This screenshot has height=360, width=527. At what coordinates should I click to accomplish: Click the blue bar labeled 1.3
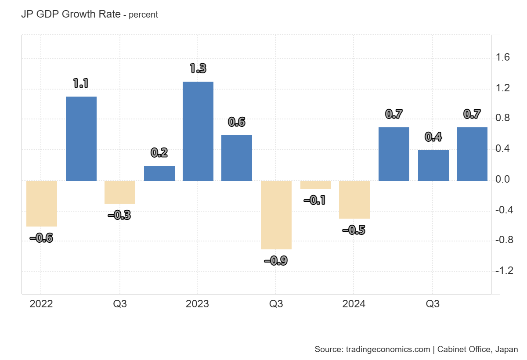198,131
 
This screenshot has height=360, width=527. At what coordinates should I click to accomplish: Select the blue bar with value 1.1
81,138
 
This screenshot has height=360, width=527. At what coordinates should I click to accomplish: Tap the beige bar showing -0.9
276,215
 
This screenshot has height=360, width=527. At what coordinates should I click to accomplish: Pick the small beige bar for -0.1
315,185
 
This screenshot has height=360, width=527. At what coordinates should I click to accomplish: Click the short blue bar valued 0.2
159,173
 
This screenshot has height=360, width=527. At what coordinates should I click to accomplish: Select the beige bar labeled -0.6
42,203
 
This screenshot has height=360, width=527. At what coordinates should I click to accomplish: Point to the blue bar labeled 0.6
237,158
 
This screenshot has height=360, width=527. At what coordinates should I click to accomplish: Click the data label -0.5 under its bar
354,230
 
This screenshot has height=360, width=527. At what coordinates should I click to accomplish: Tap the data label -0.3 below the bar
119,215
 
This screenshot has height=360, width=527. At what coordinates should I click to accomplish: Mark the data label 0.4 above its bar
433,137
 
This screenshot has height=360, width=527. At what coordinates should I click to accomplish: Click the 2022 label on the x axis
41,304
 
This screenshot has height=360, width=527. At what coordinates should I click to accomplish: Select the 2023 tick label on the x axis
197,304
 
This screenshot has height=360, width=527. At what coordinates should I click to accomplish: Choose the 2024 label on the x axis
354,304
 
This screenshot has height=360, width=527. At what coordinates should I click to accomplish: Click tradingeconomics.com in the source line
388,349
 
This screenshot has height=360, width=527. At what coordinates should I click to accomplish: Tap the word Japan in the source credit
506,349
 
